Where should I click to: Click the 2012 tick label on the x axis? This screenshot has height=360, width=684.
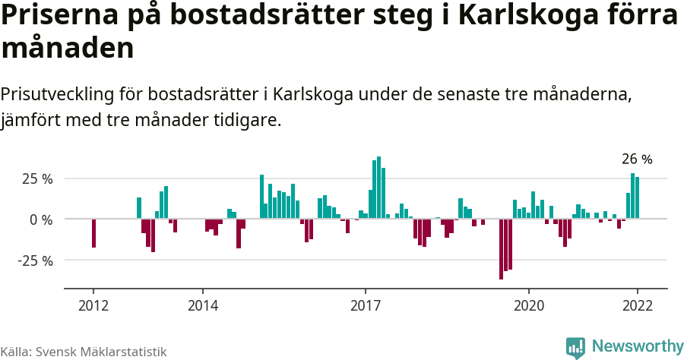pos(93,306)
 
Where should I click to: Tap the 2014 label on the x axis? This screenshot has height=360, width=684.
pos(202,306)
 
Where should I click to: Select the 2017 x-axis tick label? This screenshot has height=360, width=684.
pos(366,306)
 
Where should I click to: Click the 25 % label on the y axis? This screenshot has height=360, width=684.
pos(37,179)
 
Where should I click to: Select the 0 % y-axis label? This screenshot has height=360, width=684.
pos(42,219)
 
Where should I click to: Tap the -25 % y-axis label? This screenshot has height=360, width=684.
pos(36,261)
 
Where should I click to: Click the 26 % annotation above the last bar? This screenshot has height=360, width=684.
pos(637,159)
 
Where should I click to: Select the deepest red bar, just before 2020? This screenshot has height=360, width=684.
pos(501,249)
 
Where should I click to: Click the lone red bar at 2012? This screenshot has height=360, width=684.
pos(93,233)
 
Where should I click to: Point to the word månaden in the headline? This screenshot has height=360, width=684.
pos(68,49)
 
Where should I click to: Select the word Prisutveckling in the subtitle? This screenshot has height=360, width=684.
pos(59,95)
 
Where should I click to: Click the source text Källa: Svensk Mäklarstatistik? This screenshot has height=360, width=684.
pos(84,352)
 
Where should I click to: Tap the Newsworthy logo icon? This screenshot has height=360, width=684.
pos(575,347)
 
